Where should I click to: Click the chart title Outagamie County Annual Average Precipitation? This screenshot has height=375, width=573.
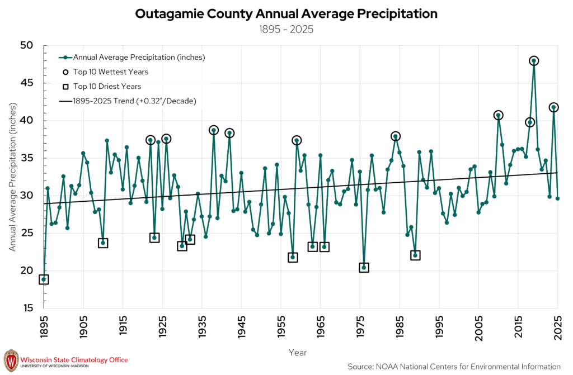click(x=286, y=14)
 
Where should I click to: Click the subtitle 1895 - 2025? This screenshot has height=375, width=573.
click(x=286, y=29)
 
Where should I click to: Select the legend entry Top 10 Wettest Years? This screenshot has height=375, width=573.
click(x=105, y=72)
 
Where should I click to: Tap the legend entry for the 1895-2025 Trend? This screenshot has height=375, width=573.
click(x=128, y=101)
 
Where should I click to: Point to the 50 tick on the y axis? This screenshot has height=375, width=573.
click(x=27, y=45)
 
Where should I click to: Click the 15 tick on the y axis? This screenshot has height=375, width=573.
click(x=28, y=308)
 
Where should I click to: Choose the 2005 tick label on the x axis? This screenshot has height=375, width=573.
click(x=479, y=327)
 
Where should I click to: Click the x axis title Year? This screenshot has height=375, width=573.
click(x=298, y=353)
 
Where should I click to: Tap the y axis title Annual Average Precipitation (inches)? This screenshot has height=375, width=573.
click(x=12, y=177)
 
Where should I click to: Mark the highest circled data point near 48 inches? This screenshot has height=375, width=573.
click(x=534, y=61)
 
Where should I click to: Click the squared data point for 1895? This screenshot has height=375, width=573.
click(x=44, y=279)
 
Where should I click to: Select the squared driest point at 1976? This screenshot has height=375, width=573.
click(x=364, y=268)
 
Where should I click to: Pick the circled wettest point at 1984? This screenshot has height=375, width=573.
click(x=396, y=136)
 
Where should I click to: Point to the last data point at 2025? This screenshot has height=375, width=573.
click(x=558, y=198)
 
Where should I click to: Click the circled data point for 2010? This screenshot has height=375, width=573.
click(x=498, y=115)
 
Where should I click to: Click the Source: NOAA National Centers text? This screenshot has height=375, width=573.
click(x=454, y=367)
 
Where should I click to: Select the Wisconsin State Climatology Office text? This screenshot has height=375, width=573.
click(x=74, y=360)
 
